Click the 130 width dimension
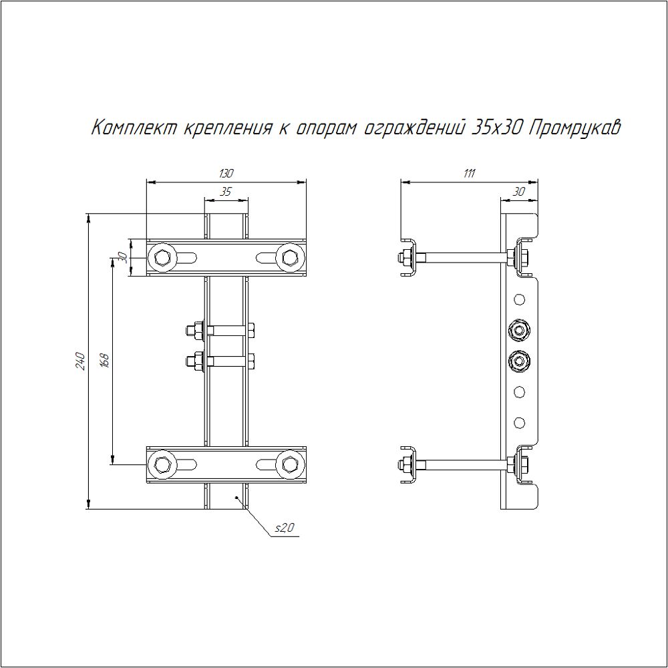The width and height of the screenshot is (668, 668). [x=226, y=174]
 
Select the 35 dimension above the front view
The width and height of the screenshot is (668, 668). [x=225, y=192]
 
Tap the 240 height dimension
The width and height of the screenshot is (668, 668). [x=81, y=361]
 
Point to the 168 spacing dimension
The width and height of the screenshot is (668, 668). [x=106, y=361]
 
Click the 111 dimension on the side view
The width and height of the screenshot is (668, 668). [x=469, y=174]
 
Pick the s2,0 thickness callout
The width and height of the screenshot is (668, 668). [x=284, y=528]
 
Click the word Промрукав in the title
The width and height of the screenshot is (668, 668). [x=574, y=128]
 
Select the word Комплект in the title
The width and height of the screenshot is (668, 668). [x=134, y=128]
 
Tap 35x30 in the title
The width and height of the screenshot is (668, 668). [x=498, y=128]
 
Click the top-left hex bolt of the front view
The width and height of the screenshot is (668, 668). [x=161, y=257]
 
